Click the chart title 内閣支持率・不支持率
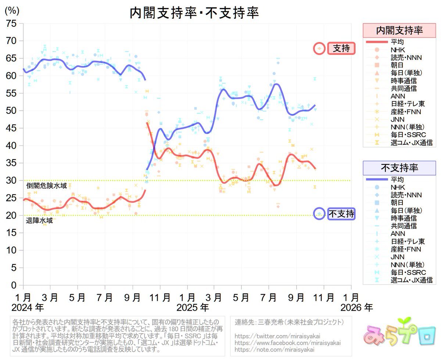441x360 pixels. coord(194,13)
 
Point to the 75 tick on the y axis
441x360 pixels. coord(12,24)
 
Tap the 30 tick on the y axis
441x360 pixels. coord(12,180)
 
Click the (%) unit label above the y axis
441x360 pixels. coord(12,11)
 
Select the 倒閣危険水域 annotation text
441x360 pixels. coord(46,186)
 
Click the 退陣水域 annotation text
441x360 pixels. coord(39,221)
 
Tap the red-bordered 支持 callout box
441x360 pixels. coord(341,48)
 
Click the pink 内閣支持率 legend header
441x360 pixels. coord(399,30)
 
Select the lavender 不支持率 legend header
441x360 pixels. coord(399,168)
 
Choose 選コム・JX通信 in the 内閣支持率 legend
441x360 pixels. coord(411,143)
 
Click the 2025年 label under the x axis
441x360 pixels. coord(193,307)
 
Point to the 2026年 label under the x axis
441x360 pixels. coord(356,307)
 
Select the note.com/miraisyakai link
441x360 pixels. coord(274,349)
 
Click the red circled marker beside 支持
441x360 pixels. coord(319,48)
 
